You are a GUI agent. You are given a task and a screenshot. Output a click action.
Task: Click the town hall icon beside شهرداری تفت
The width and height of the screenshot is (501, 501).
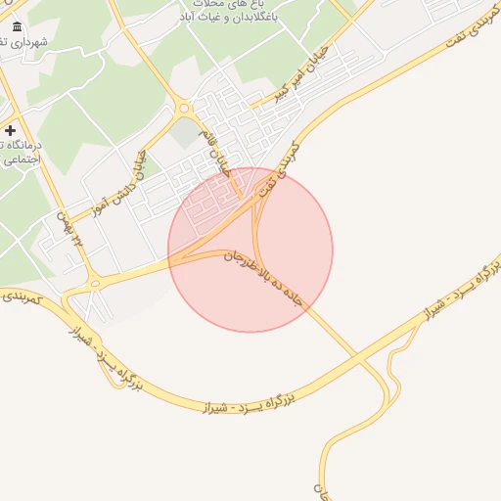click(17, 26)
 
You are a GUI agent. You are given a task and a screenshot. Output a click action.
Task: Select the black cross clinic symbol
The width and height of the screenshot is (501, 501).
click(10, 130)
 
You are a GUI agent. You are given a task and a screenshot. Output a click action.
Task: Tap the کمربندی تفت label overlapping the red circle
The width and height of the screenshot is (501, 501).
click(276, 181)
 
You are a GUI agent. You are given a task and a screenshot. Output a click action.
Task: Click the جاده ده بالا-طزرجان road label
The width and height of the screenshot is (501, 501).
click(265, 277)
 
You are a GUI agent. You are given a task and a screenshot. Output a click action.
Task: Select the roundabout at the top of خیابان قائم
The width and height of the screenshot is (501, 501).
click(183, 109)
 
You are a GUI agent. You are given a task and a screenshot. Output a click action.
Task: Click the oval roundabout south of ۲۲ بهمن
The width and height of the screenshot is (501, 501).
click(95, 283)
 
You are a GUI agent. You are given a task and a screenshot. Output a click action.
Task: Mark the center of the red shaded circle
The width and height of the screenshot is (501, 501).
click(250, 250)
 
